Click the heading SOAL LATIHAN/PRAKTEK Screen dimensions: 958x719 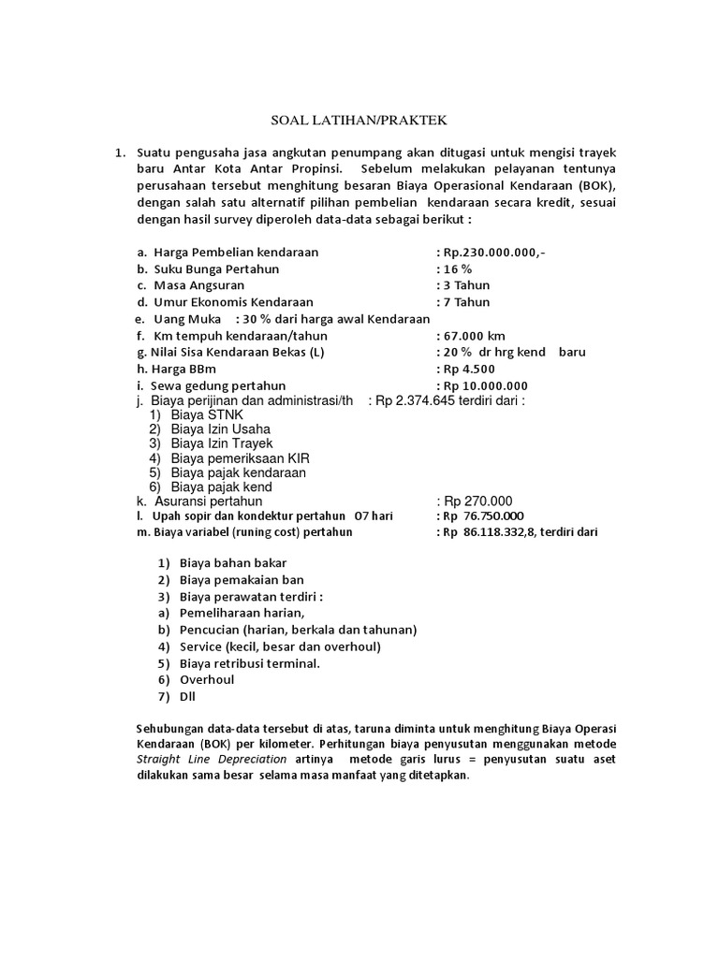coord(359,122)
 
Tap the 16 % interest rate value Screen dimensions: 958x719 coord(458,269)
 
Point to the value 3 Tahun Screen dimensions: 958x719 coord(465,285)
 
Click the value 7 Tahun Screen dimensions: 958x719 coord(465,302)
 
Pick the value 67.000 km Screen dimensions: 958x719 coord(474,336)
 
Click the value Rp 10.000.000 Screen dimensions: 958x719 coord(485,386)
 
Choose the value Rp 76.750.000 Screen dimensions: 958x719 coord(484,516)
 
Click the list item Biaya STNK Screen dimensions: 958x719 coord(206,415)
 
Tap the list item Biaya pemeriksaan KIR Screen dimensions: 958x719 coord(240,458)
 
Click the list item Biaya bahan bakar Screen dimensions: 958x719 coord(233,563)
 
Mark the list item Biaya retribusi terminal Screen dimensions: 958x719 coord(250,663)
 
